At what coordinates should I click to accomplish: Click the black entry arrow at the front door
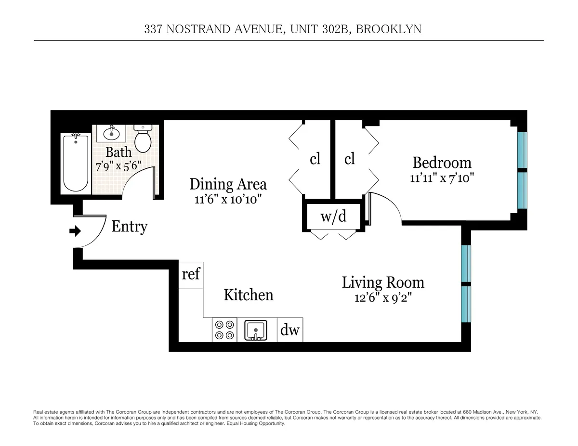(x=75, y=231)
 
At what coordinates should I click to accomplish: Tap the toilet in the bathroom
(x=143, y=140)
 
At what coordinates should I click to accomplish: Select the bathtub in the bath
(x=76, y=163)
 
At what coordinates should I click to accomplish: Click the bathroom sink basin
(x=111, y=133)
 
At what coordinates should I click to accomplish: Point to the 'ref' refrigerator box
(x=191, y=275)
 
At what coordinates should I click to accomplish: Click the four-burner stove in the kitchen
(x=224, y=330)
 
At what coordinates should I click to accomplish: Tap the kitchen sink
(x=257, y=331)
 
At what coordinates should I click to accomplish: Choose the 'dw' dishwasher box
(x=290, y=331)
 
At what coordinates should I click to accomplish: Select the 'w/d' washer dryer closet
(x=333, y=217)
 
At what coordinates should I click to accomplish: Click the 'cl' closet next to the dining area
(x=315, y=159)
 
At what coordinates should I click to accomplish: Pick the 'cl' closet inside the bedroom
(x=350, y=159)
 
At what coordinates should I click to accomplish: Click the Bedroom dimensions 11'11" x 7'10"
(x=442, y=178)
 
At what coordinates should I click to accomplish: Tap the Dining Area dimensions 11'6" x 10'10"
(x=228, y=199)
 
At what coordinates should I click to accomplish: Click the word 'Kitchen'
(x=249, y=294)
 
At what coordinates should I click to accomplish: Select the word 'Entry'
(x=129, y=226)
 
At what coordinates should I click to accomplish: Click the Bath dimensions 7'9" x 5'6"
(x=118, y=165)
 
